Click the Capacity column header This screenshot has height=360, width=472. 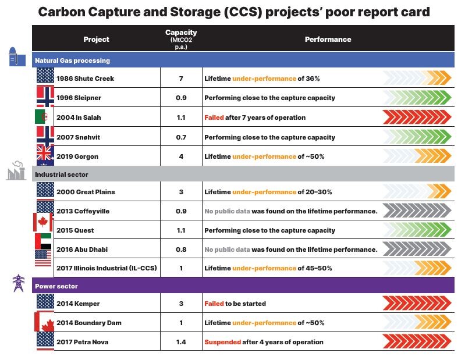coord(181,39)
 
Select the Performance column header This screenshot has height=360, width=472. coord(328,40)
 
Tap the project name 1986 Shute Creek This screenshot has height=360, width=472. coord(85,79)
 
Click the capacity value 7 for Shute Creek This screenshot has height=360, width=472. coord(181,79)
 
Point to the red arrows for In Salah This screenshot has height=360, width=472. coord(417,117)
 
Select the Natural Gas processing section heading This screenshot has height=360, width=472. coord(72,60)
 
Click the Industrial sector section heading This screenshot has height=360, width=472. coord(61,174)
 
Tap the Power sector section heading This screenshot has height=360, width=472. coord(56,286)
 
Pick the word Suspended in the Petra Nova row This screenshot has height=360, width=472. coord(222,342)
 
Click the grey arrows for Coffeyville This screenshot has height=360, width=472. coord(417,211)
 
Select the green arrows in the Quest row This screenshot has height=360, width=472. coord(417,230)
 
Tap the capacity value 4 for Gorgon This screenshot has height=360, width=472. coord(181,156)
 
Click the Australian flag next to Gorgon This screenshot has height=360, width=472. coord(45,155)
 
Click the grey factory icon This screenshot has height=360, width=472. coord(16,172)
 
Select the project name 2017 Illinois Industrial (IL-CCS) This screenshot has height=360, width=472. coord(107,268)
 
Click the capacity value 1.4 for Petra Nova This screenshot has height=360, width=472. coord(181,342)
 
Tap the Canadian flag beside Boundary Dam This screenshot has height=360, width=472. coord(45,322)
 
